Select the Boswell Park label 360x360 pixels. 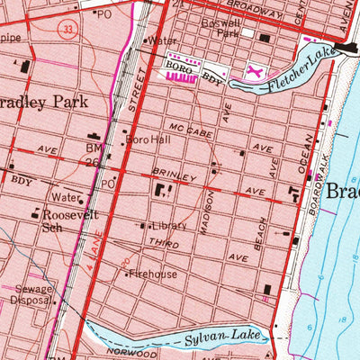click(246, 23)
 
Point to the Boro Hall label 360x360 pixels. click(146, 140)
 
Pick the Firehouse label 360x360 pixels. click(154, 274)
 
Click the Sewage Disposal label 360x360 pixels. click(33, 296)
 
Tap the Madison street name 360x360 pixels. click(208, 211)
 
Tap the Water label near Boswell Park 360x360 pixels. click(163, 40)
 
